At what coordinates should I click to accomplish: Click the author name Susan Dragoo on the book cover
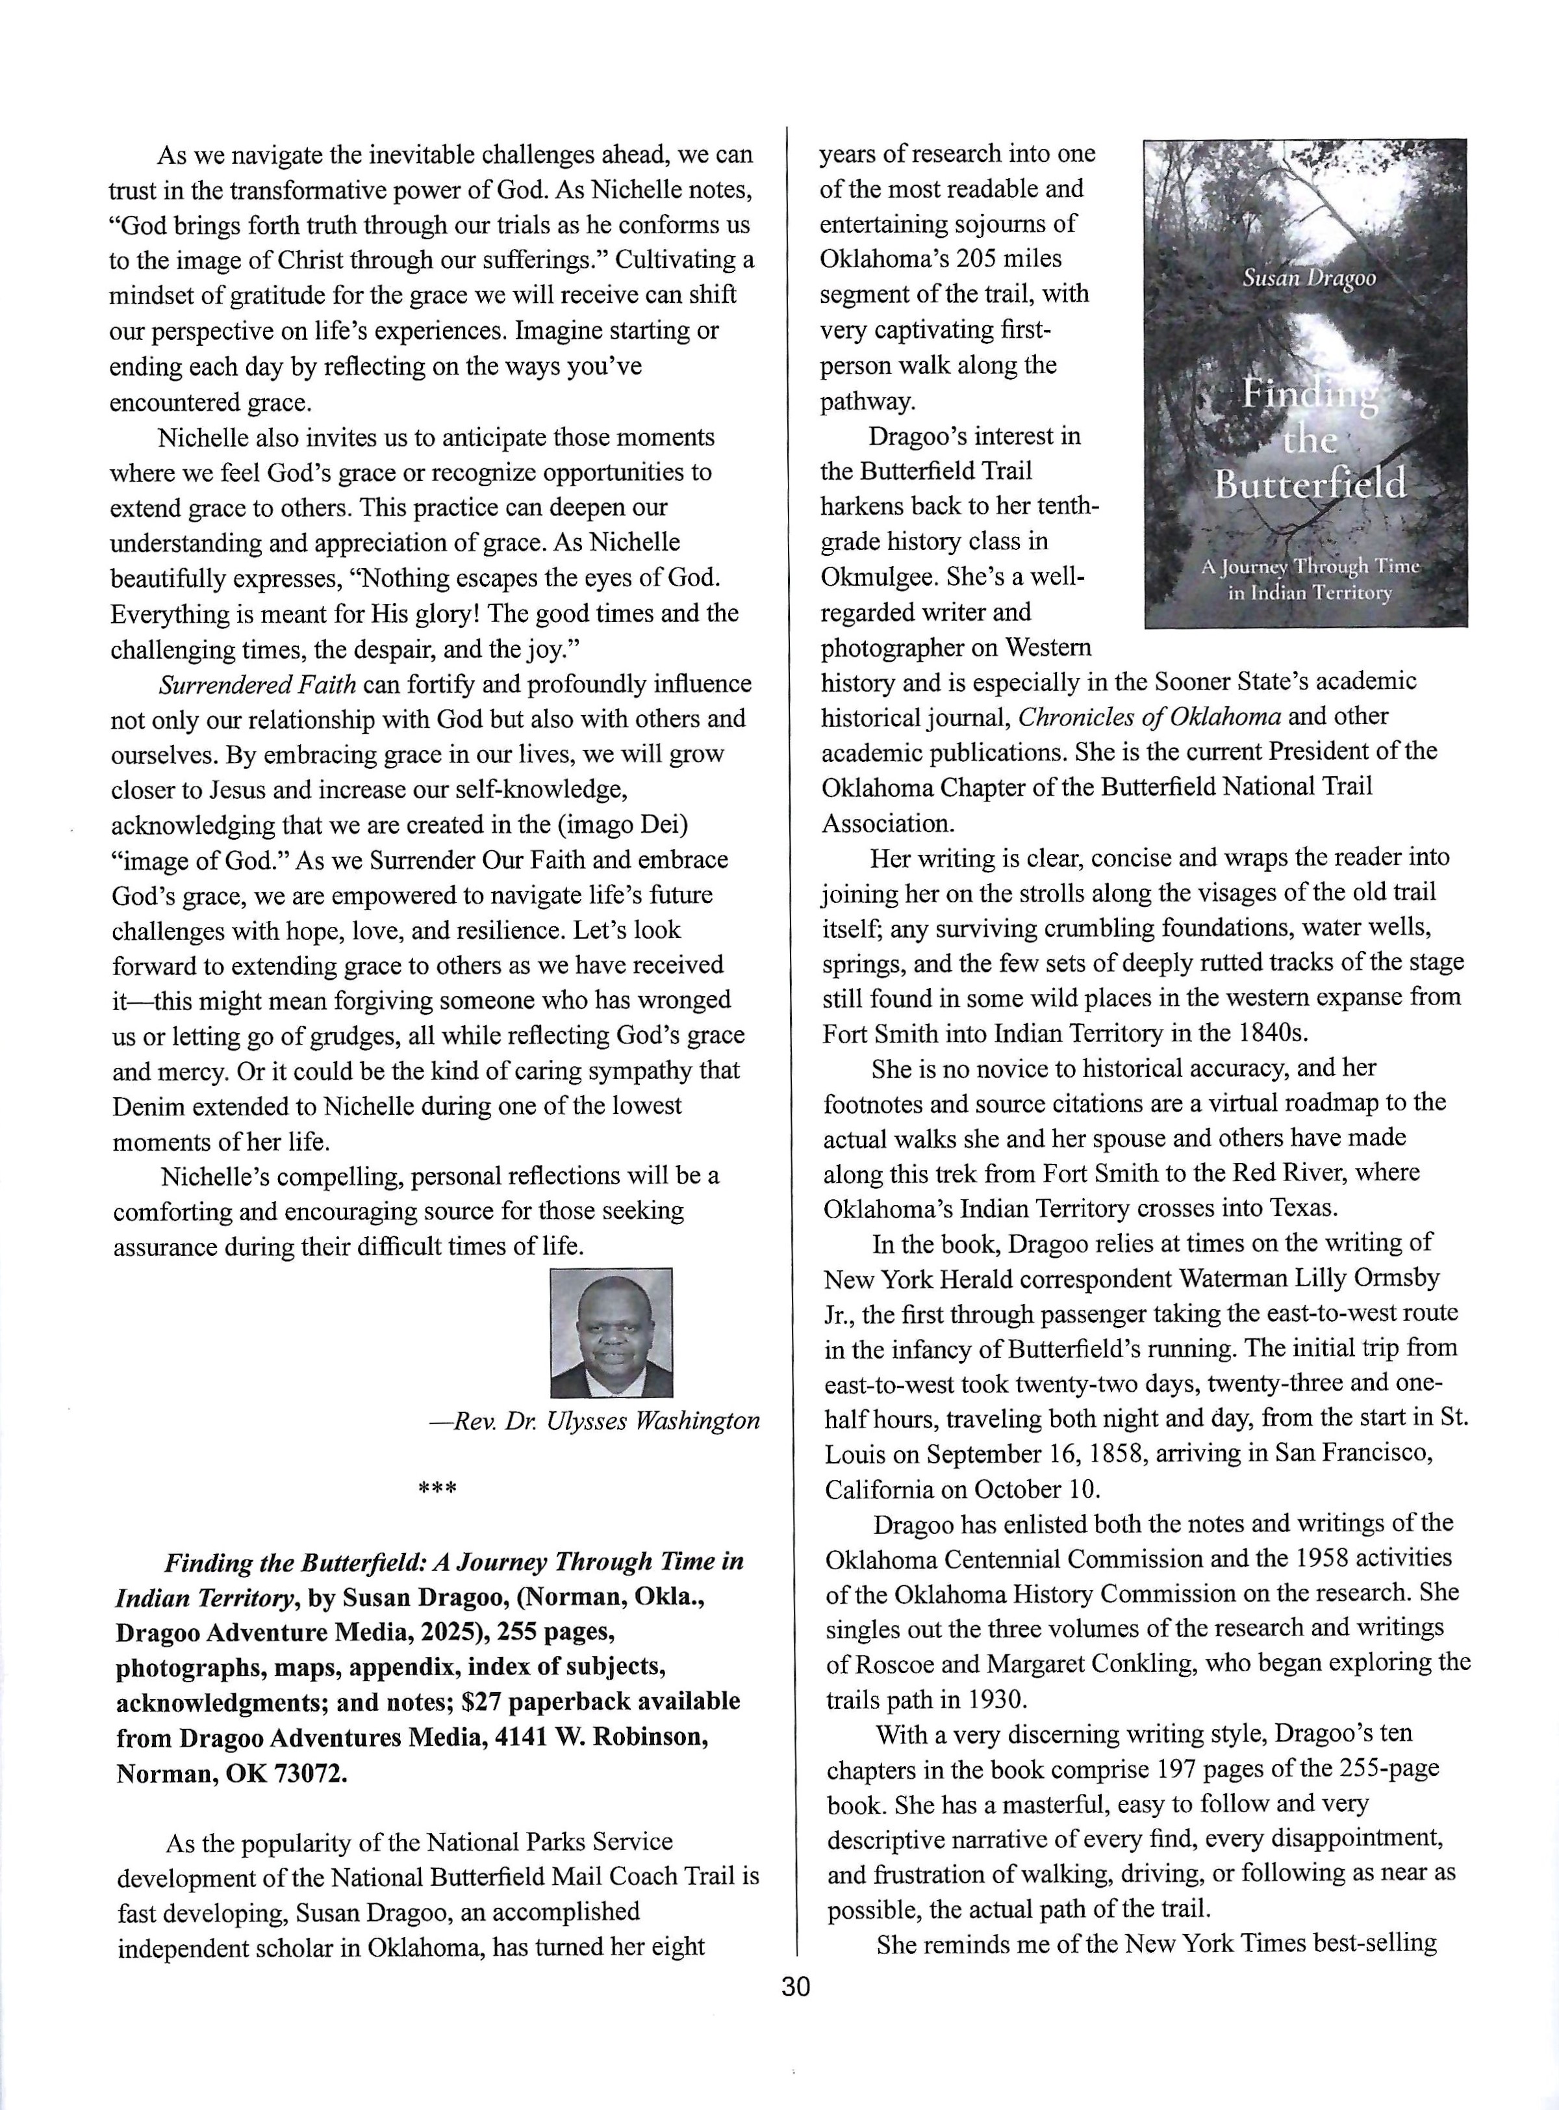(x=1308, y=278)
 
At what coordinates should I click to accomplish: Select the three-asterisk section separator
(x=437, y=1491)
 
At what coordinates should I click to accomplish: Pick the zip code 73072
(x=308, y=1773)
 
